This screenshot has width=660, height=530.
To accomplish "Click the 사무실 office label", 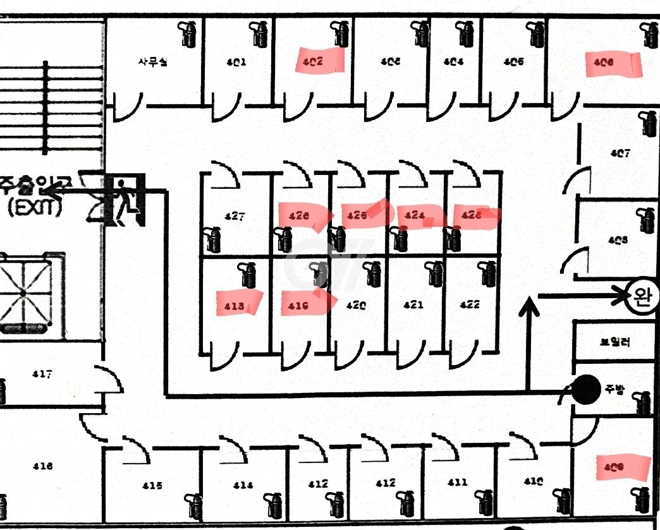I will pos(153,62).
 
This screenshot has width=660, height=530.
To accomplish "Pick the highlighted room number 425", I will pos(357,215).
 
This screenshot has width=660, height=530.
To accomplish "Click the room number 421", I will pos(413,305).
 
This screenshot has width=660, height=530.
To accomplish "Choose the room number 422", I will pos(469,304).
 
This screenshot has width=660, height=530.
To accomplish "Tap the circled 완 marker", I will pos(642,297).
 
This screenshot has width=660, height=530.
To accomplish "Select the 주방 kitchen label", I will pos(614,390).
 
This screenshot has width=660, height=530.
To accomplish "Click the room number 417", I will pos(42,375).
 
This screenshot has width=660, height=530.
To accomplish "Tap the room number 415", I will pos(152,486).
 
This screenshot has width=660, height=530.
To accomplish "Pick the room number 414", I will pos(242,485).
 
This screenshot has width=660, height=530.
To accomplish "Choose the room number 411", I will pos(457,482).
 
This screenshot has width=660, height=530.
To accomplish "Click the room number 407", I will pos(620,153).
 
